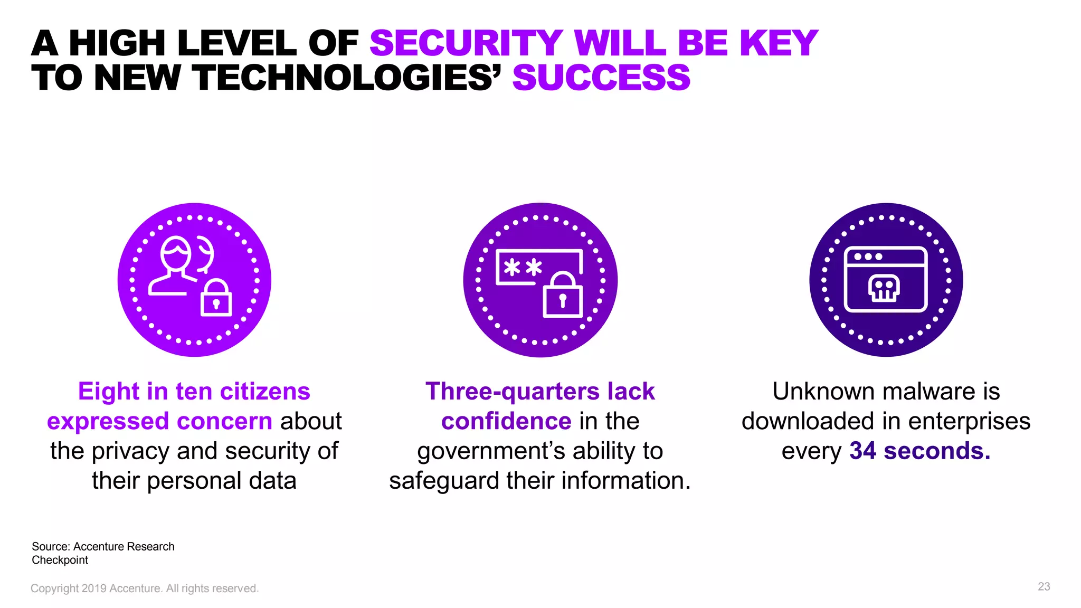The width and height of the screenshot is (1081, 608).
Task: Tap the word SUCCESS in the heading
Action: pyautogui.click(x=601, y=78)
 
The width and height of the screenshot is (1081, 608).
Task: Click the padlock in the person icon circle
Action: pyautogui.click(x=216, y=299)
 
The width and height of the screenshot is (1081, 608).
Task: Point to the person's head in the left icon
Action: pyautogui.click(x=175, y=253)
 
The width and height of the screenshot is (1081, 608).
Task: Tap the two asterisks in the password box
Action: pyautogui.click(x=522, y=267)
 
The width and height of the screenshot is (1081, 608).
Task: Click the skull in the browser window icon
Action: pyautogui.click(x=884, y=288)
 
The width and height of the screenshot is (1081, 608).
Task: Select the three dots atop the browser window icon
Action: pyautogui.click(x=868, y=256)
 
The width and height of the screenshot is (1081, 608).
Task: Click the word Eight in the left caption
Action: pyautogui.click(x=109, y=392)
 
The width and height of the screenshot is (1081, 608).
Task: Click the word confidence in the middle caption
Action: pyautogui.click(x=506, y=421)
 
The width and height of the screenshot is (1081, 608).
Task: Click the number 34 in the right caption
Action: pyautogui.click(x=862, y=451)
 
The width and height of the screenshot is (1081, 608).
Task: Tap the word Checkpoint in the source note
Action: pyautogui.click(x=60, y=560)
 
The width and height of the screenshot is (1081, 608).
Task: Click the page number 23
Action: pyautogui.click(x=1044, y=586)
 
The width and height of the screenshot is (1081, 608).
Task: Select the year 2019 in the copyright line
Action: pyautogui.click(x=93, y=588)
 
